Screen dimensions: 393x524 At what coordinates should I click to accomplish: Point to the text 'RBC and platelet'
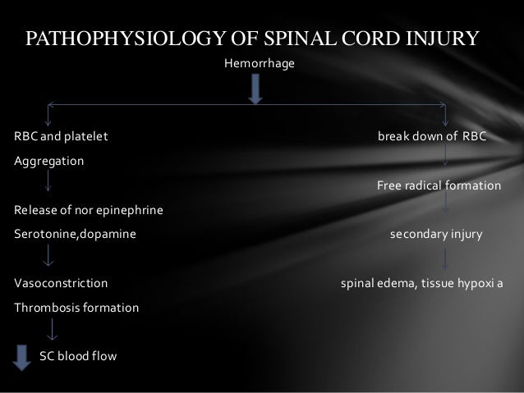pos(61,135)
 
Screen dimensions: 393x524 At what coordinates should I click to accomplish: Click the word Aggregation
pos(48,161)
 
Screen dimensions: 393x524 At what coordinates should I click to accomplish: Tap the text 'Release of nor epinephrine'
pos(88,212)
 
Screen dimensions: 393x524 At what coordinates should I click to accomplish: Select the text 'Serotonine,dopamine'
pos(75,234)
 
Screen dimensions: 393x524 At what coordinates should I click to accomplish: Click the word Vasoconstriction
pos(61,284)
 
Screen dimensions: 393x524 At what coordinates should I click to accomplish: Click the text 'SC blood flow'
pos(79,357)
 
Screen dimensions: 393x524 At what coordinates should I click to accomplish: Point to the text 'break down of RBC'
pos(431,135)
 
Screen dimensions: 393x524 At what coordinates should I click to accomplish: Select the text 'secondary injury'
pos(436,234)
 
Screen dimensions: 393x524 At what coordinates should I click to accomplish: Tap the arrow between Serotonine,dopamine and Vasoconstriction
pos(49,258)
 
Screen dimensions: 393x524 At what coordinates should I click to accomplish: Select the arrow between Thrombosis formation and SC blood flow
pos(52,330)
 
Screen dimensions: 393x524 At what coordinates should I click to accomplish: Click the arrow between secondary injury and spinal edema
pos(445,258)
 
